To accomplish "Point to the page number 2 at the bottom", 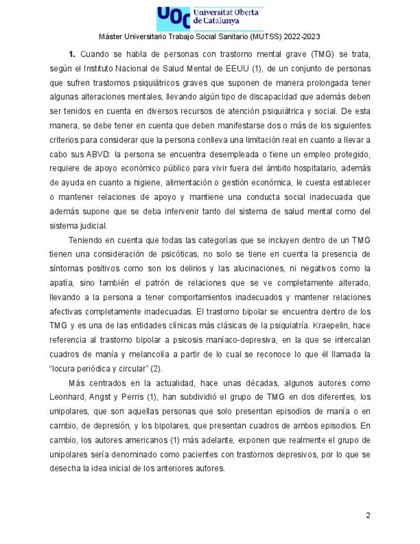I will click(x=368, y=515).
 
